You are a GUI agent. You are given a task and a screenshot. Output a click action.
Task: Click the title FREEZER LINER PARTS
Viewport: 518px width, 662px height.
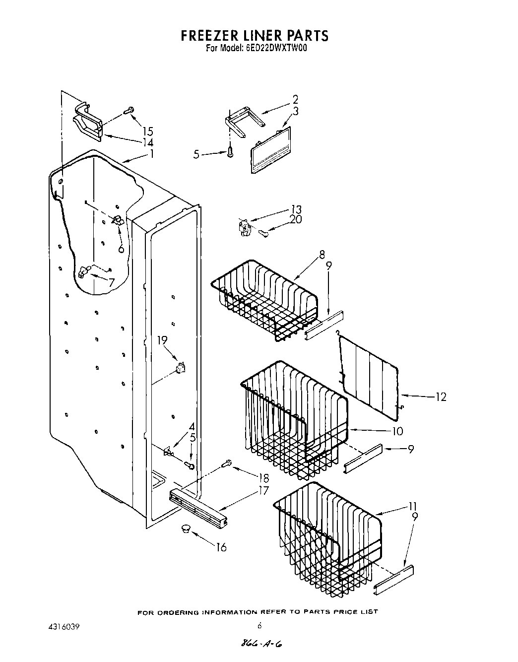254,36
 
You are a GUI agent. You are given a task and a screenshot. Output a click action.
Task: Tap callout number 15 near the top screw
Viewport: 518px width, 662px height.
147,132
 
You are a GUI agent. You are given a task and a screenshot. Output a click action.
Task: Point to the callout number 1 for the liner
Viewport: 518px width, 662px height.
152,154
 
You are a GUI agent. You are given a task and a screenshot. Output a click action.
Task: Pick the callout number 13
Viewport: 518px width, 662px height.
296,209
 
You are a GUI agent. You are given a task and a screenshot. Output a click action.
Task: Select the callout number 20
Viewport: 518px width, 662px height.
296,219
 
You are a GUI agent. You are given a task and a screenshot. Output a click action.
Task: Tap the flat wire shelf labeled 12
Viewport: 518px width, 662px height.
370,370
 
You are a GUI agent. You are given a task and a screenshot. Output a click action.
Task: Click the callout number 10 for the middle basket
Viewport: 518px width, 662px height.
397,431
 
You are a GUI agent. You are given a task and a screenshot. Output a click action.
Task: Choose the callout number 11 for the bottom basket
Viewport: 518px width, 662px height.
412,507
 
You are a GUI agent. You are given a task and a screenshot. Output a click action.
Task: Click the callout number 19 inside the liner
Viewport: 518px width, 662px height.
162,340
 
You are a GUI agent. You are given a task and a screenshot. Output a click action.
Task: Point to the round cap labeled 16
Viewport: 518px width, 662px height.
187,529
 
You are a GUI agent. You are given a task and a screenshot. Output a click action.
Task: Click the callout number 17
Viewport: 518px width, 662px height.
263,491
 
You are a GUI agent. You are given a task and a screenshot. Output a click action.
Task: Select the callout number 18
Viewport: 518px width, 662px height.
263,478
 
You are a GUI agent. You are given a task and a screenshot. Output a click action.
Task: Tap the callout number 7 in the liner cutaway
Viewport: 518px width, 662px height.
112,282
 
